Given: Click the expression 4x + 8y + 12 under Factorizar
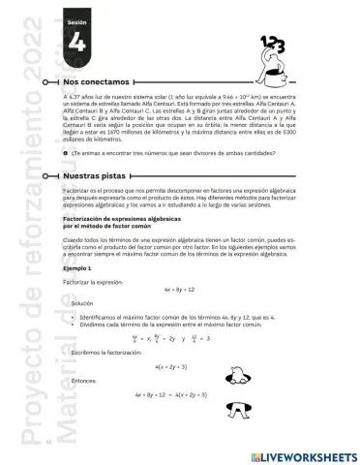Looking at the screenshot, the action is pyautogui.click(x=179, y=289).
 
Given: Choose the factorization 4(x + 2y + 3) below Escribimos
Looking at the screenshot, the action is pyautogui.click(x=178, y=367).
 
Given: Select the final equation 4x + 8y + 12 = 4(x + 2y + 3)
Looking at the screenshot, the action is pyautogui.click(x=179, y=396).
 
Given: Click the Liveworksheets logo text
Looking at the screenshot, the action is pyautogui.click(x=302, y=452).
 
